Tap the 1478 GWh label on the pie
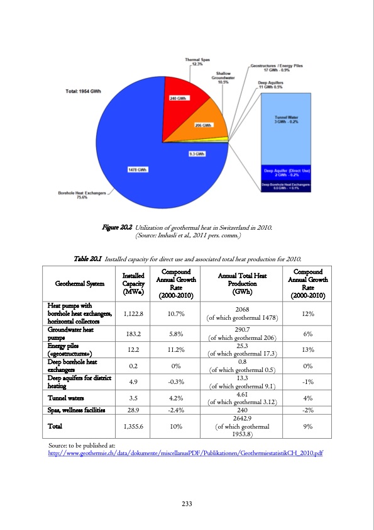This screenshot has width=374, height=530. [138, 169]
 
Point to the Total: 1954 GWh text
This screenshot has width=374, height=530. [84, 92]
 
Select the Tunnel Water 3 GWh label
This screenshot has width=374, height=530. [286, 119]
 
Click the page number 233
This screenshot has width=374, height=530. [187, 503]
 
